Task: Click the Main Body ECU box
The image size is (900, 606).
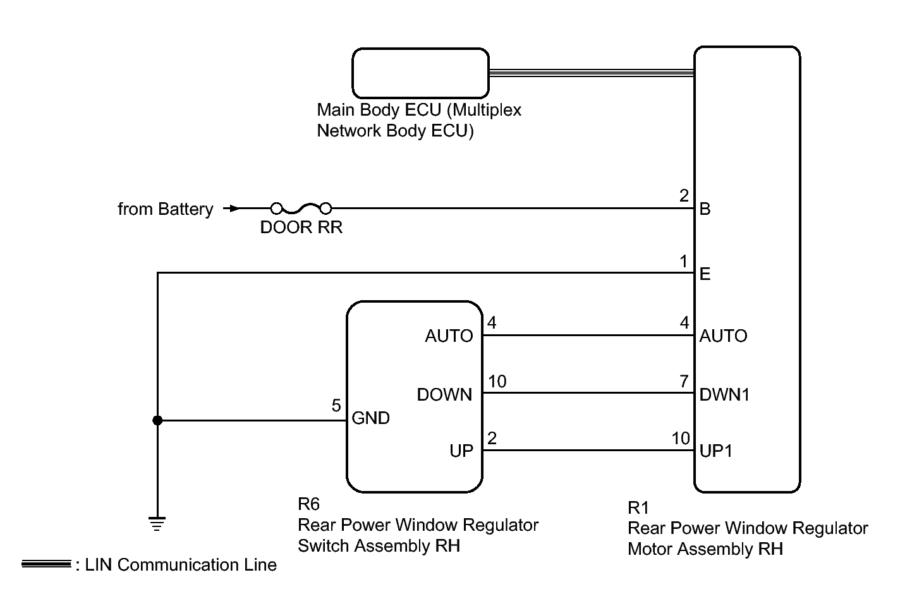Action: coord(420,72)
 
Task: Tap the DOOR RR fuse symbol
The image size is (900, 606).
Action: coord(301,208)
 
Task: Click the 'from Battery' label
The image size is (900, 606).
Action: coord(166,209)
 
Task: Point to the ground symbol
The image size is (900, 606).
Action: coord(157,523)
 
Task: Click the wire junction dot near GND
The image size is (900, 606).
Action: coord(157,420)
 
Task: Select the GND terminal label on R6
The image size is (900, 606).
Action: coord(370,418)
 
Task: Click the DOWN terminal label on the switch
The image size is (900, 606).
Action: coord(444,395)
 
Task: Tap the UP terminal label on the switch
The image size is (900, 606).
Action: coord(461,451)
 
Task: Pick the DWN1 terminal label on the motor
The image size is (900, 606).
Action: coord(724,395)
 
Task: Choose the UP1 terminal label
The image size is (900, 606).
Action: coord(715,451)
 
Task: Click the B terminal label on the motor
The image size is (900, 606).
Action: coord(705,209)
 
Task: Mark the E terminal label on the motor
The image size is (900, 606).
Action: coord(705,274)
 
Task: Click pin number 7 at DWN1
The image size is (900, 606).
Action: coord(684,382)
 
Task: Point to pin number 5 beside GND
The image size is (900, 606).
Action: coord(336,406)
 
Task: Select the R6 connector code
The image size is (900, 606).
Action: coord(308,504)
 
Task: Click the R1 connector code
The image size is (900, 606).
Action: coord(638,507)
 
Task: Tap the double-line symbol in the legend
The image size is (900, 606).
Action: coord(46,564)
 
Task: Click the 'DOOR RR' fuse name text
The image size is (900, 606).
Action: coord(301,227)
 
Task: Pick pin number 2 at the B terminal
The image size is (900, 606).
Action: coord(684,196)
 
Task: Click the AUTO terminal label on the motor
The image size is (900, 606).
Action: coord(723,336)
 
